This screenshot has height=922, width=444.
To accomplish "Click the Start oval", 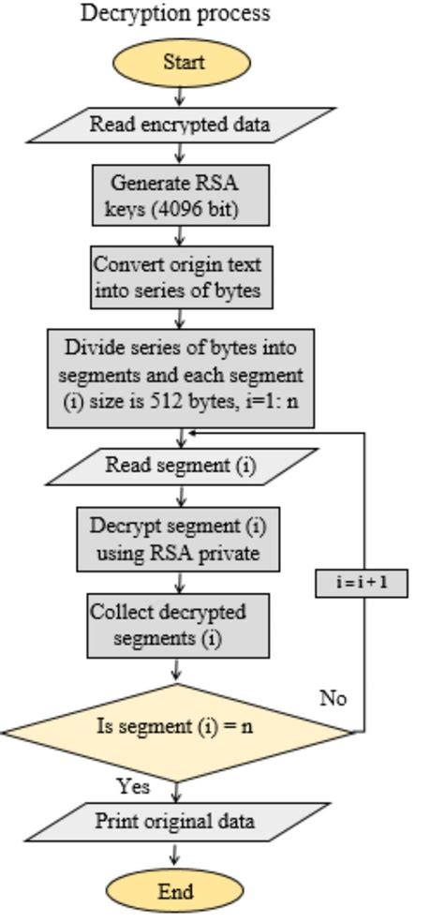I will click(182, 64).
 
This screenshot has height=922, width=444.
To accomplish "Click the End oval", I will click(175, 891).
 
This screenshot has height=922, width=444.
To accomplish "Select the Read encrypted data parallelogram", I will click(180, 124).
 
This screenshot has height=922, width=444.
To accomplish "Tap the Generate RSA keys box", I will click(180, 195).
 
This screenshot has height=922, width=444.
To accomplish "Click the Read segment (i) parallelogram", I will click(180, 466).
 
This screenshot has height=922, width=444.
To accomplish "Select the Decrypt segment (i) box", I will click(180, 539).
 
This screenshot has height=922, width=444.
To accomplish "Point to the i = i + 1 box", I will click(361, 583).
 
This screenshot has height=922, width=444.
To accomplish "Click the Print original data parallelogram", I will click(174, 822).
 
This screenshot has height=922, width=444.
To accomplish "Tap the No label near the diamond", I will click(333, 698).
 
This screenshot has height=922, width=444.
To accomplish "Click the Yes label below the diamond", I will click(133, 785).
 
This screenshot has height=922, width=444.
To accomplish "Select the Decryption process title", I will click(175, 13).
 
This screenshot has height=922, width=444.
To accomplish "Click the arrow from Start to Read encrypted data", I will click(180, 96).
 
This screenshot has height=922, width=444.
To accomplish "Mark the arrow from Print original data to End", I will click(174, 855).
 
